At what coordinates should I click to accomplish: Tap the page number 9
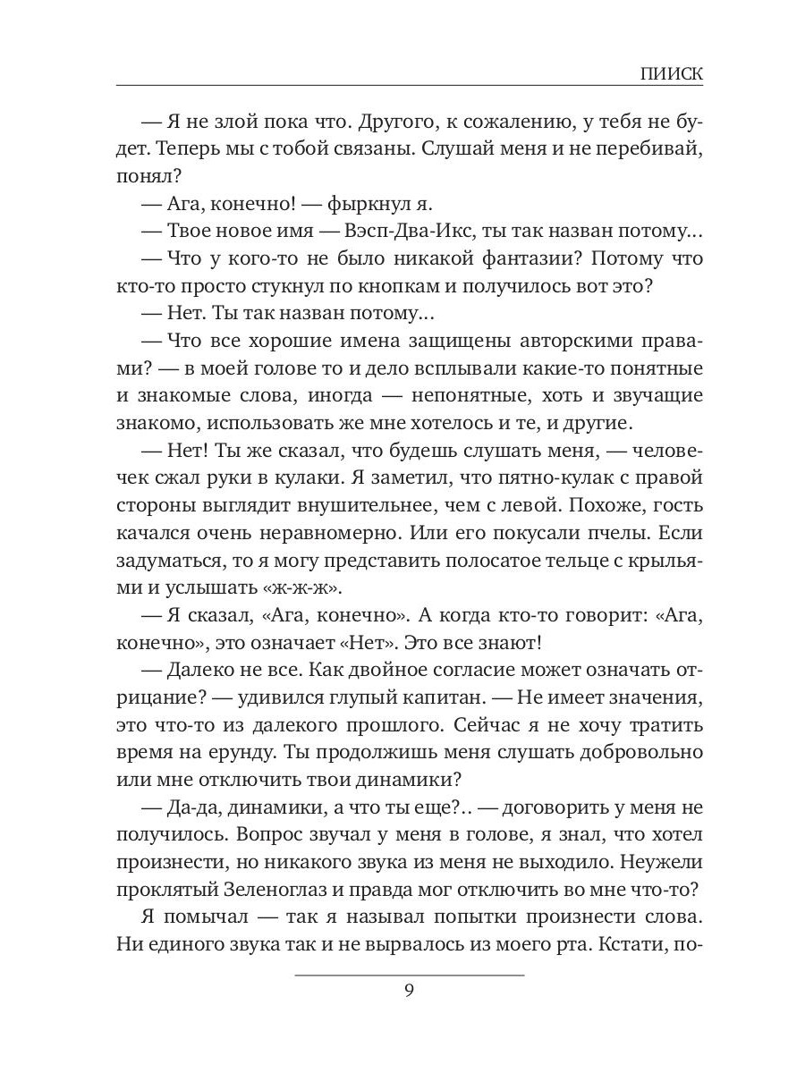[x=409, y=991]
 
